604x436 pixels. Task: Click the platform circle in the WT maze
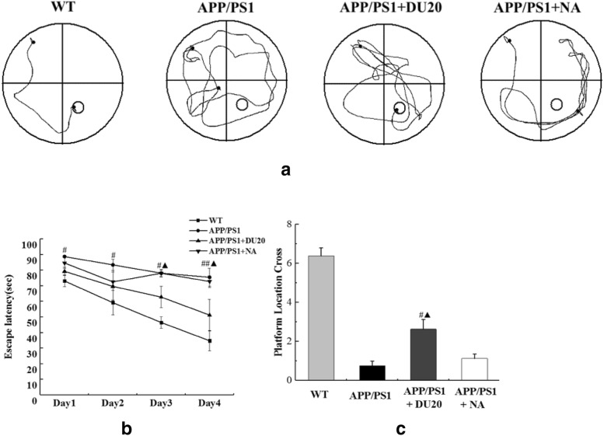78,107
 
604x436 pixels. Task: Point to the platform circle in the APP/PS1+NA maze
557,103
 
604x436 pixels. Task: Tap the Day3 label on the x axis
162,405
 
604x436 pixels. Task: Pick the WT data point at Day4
210,340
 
